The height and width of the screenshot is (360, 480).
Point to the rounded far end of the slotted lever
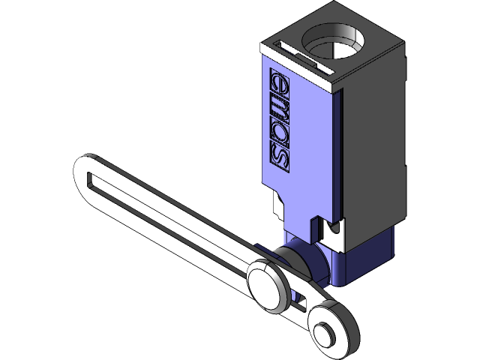[x=84, y=169]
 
